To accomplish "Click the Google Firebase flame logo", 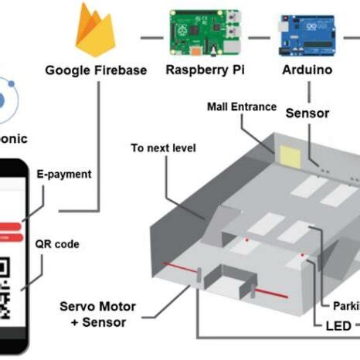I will [x=95, y=31].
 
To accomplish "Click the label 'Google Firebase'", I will [x=96, y=70].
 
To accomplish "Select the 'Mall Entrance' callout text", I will [x=241, y=106].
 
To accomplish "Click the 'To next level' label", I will [x=163, y=148].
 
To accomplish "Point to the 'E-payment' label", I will [x=64, y=175].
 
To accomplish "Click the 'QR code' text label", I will [x=57, y=244].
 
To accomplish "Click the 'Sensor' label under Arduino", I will [x=307, y=114].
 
